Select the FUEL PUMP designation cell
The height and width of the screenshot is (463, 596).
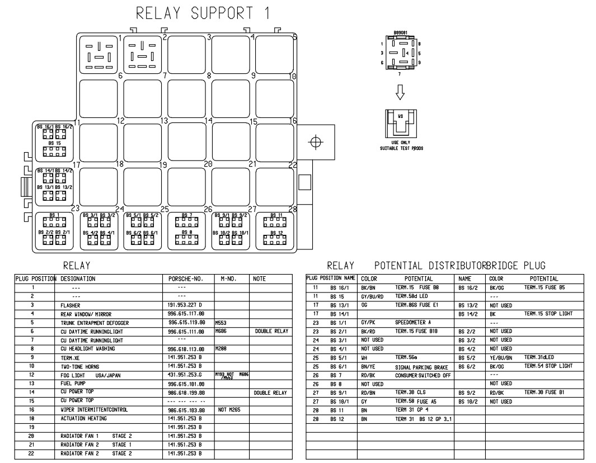(73, 384)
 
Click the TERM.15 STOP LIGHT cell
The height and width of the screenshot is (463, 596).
(548, 314)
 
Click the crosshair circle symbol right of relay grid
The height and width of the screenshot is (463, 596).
(316, 141)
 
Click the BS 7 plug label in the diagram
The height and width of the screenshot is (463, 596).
(187, 215)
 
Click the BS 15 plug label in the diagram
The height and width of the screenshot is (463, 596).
(54, 143)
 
